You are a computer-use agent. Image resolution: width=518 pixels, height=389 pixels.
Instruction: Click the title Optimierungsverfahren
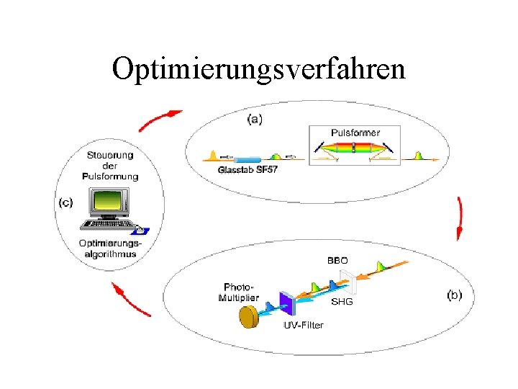259,69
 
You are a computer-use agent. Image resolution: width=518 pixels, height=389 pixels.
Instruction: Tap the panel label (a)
254,119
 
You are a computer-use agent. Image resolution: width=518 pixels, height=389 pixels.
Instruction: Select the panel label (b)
454,295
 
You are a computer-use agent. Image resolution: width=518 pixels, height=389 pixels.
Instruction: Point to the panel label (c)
65,202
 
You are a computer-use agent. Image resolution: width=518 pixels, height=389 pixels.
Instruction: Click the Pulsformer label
355,133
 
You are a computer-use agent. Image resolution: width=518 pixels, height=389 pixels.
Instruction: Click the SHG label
342,302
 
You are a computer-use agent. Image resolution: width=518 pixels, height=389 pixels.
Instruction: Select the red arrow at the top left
159,120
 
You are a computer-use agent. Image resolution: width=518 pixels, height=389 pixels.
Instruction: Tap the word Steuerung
110,155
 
